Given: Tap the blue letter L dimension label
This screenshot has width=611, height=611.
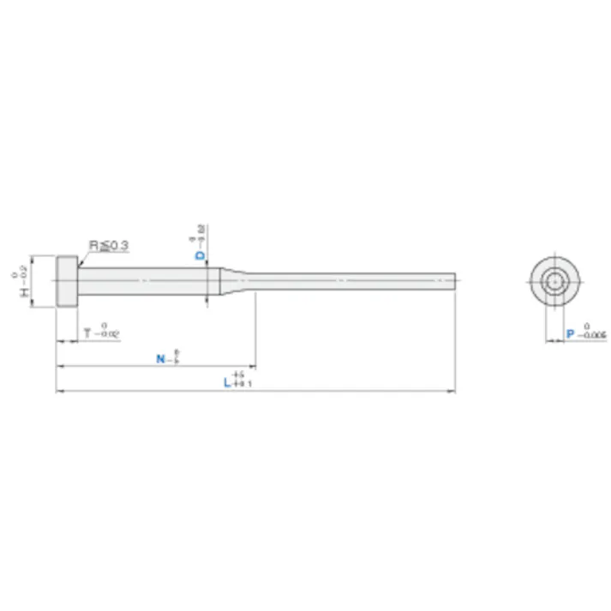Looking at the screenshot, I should pyautogui.click(x=227, y=383).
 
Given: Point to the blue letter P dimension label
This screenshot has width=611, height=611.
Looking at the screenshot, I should pyautogui.click(x=569, y=334).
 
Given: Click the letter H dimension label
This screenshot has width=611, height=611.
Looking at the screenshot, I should pyautogui.click(x=23, y=292).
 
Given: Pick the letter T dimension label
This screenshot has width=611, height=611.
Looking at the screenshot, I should pyautogui.click(x=87, y=332).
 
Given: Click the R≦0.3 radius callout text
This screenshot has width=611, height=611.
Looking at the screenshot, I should pyautogui.click(x=109, y=246).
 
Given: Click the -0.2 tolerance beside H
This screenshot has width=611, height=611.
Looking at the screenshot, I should pyautogui.click(x=23, y=272).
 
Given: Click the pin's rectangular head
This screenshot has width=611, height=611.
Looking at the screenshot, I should pyautogui.click(x=67, y=281).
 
